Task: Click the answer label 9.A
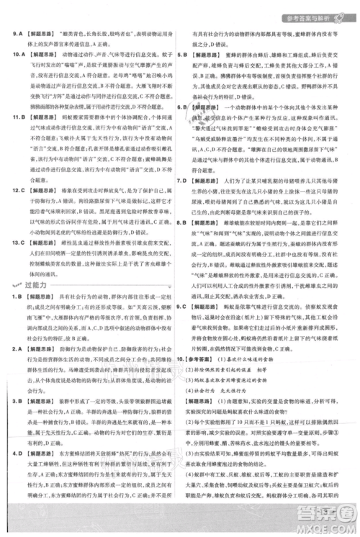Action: (15, 33)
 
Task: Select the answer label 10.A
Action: (16, 53)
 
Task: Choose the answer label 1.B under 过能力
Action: (14, 297)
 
